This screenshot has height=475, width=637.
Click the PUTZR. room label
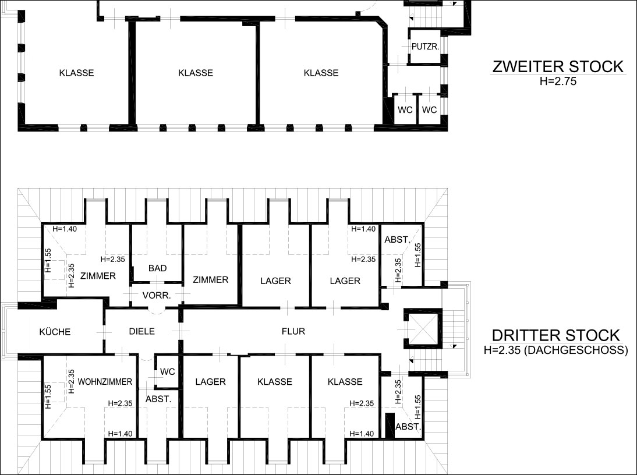click(425, 47)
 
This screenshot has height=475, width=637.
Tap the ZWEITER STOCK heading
click(558, 66)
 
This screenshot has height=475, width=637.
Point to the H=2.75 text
click(558, 81)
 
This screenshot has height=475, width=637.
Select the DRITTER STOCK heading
click(556, 336)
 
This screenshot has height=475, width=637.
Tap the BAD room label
click(157, 268)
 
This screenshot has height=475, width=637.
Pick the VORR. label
click(157, 296)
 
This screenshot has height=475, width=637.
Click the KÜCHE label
click(55, 332)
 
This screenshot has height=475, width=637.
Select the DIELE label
click(141, 331)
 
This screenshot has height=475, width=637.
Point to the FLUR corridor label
click(293, 331)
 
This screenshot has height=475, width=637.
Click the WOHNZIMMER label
click(105, 382)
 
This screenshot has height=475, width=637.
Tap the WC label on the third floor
click(167, 372)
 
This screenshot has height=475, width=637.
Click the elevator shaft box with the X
click(422, 328)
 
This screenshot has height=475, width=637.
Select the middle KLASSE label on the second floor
click(196, 73)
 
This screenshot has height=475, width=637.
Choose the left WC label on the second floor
click(405, 110)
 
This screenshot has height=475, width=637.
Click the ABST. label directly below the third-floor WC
click(158, 399)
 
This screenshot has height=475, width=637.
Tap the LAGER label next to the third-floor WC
click(210, 382)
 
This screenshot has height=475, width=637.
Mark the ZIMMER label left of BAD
click(98, 276)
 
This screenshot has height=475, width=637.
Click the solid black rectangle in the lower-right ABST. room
click(390, 425)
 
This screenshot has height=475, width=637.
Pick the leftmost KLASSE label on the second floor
click(76, 73)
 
